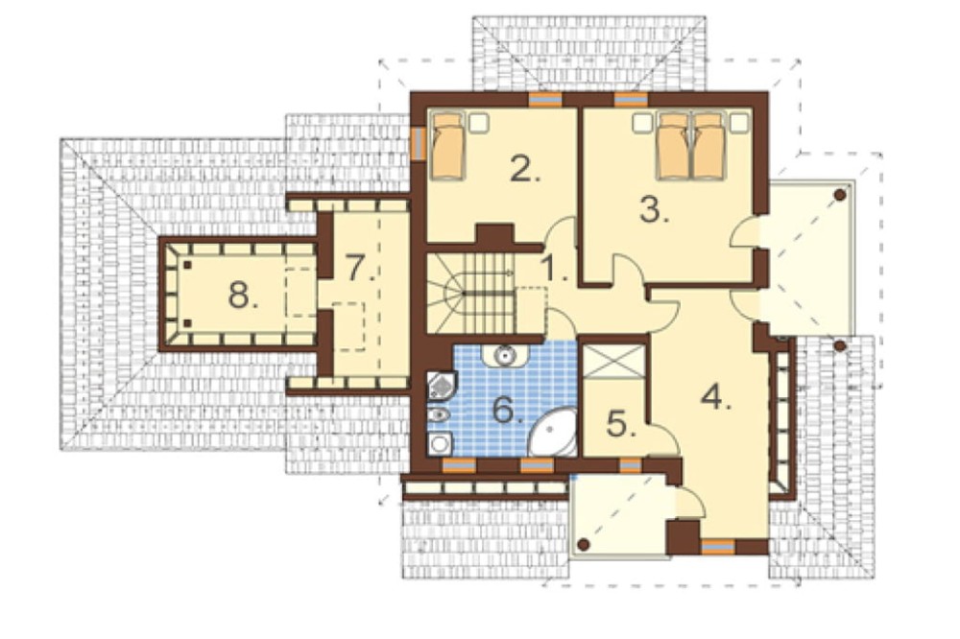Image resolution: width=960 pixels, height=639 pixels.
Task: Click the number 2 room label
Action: [525, 170]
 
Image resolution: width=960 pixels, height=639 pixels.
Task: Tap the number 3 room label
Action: [654, 209]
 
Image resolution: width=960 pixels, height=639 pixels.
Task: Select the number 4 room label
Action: [716, 398]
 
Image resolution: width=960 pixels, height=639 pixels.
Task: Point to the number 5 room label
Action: [621, 423]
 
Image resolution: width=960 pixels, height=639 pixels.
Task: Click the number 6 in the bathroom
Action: [508, 410]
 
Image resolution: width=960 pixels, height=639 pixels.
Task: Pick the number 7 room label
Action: [359, 268]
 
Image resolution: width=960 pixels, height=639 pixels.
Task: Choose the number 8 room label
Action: [243, 296]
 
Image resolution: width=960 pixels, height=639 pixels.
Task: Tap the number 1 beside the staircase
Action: [556, 268]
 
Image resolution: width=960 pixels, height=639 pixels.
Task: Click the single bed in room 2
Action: [447, 146]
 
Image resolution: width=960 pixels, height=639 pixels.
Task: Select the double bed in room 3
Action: [691, 146]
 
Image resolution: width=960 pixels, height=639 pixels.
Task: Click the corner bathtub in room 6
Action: [553, 433]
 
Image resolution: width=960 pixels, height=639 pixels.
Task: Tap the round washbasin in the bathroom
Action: [505, 355]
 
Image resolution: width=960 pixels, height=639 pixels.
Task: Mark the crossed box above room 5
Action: [613, 362]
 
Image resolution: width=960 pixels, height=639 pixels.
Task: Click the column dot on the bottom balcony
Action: [584, 544]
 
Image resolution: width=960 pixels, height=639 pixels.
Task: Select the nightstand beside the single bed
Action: [479, 123]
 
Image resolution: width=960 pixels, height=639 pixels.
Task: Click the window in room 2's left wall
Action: [419, 143]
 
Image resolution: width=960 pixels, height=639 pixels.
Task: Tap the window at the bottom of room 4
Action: [717, 546]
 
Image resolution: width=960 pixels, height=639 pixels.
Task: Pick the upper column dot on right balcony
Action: [841, 195]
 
